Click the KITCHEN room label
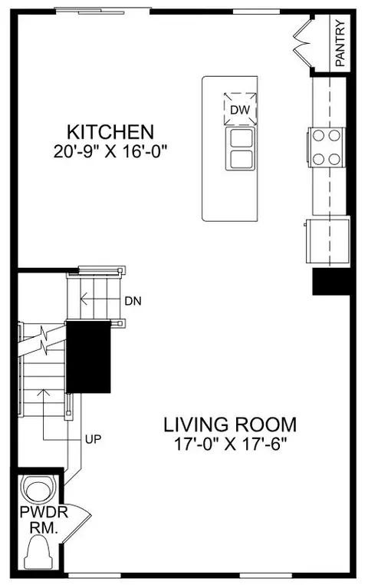110,132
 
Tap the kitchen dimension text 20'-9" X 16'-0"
110,151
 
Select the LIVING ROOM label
230,425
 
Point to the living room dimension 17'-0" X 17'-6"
232,444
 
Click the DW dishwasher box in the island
240,109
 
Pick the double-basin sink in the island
241,148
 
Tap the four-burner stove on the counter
327,147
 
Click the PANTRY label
340,44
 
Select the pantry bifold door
302,43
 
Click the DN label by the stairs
133,301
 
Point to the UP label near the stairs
93,439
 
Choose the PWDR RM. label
44,520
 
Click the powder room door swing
77,523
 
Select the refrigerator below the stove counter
327,241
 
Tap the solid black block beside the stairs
89,356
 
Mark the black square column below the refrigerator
330,282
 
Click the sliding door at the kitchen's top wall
103,11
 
